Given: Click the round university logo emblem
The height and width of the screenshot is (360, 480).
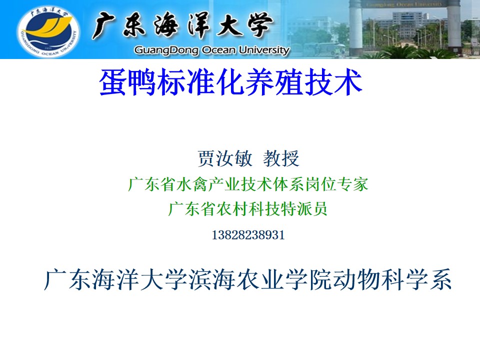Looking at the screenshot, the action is (48, 31).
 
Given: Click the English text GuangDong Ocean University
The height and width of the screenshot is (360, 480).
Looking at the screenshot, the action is (212, 50).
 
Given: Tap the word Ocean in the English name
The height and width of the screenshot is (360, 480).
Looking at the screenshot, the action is (219, 49).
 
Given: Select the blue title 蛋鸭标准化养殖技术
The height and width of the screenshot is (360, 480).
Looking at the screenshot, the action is (231, 81).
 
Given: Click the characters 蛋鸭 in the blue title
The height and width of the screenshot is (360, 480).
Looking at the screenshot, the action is (128, 81).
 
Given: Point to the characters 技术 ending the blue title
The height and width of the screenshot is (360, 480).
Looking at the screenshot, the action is (333, 81).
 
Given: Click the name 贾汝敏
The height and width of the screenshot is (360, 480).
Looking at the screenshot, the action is (225, 158).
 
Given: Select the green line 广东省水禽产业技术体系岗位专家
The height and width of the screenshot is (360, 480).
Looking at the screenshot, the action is (248, 184).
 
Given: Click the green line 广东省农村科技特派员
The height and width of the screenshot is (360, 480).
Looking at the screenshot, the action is (248, 209).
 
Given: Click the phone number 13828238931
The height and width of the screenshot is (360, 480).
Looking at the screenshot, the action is (248, 235).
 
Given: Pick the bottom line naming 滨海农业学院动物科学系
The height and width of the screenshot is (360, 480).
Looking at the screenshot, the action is (248, 279).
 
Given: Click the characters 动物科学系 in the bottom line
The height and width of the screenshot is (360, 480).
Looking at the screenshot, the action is (392, 279).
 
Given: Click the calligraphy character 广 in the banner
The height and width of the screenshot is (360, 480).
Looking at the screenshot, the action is (103, 25).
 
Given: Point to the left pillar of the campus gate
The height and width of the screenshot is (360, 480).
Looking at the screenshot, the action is (355, 27).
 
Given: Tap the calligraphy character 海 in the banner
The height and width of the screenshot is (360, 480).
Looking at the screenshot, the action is (166, 25).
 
